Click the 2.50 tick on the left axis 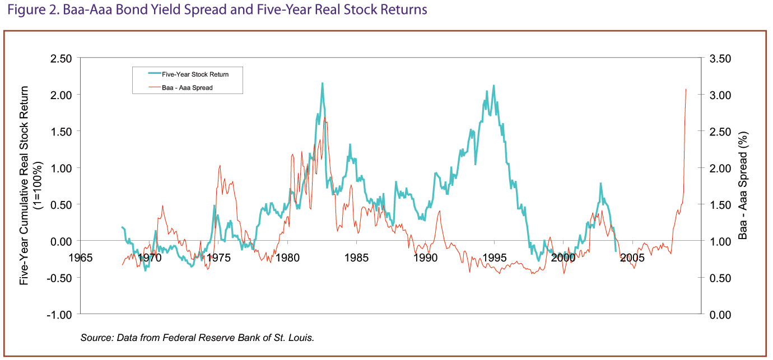pos(61,59)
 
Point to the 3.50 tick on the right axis pos(720,59)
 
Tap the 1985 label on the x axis pos(356,258)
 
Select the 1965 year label pos(81,258)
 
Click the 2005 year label pos(632,258)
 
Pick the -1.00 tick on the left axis pos(59,315)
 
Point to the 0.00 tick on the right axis pos(720,315)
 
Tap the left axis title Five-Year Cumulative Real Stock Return pos(24,185)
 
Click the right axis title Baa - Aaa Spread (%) pos(743,185)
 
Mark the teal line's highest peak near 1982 pos(322,83)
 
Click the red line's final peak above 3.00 pos(686,90)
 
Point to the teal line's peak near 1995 pos(494,85)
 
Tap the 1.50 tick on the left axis pos(61,132)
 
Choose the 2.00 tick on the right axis pos(720,169)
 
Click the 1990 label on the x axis pos(426,258)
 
